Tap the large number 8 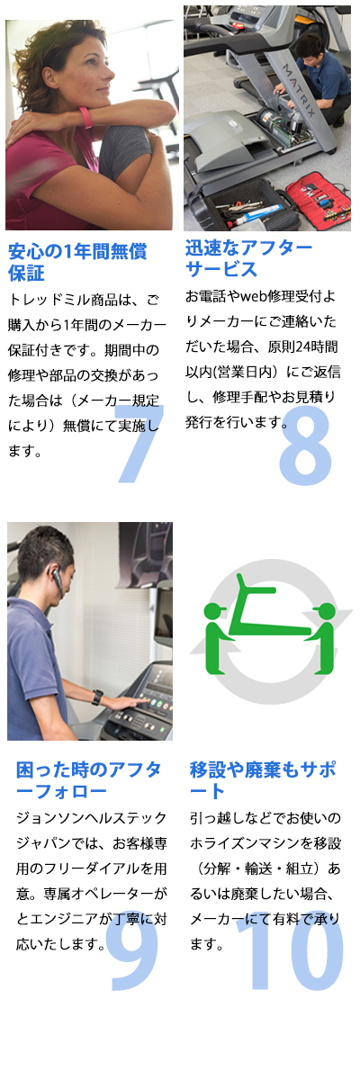pos(305,445)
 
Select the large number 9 pos(134,955)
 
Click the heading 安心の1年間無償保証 pos(77,262)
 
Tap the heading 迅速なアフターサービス pos(248,259)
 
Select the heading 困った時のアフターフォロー pos(89,780)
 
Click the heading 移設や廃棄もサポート pos(263,780)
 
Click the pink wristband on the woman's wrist pos(86,117)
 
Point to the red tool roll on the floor pos(318,194)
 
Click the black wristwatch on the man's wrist pos(97,697)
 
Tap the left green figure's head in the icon pos(215,611)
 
